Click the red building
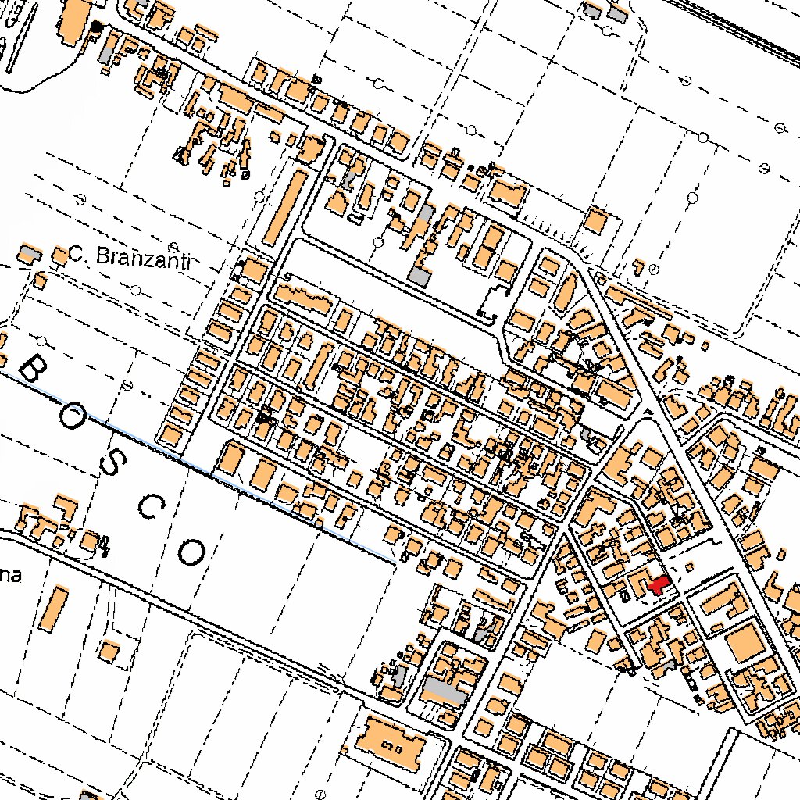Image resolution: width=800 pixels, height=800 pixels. [x=657, y=585]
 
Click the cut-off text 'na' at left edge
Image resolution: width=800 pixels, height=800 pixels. [x=9, y=577]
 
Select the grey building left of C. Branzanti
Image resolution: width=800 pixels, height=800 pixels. [x=30, y=253]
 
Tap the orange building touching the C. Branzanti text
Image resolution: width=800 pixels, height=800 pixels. [x=59, y=255]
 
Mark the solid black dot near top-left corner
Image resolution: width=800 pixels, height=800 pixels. [x=97, y=27]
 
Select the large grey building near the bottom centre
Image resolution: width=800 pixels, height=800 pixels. [x=444, y=690]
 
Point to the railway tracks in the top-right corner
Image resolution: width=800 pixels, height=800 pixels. [x=742, y=27]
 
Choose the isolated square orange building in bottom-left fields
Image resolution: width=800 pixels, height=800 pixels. [x=110, y=651]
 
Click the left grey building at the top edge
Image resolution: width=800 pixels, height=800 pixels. [x=592, y=11]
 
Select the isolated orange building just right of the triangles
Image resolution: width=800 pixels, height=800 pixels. [x=597, y=220]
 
